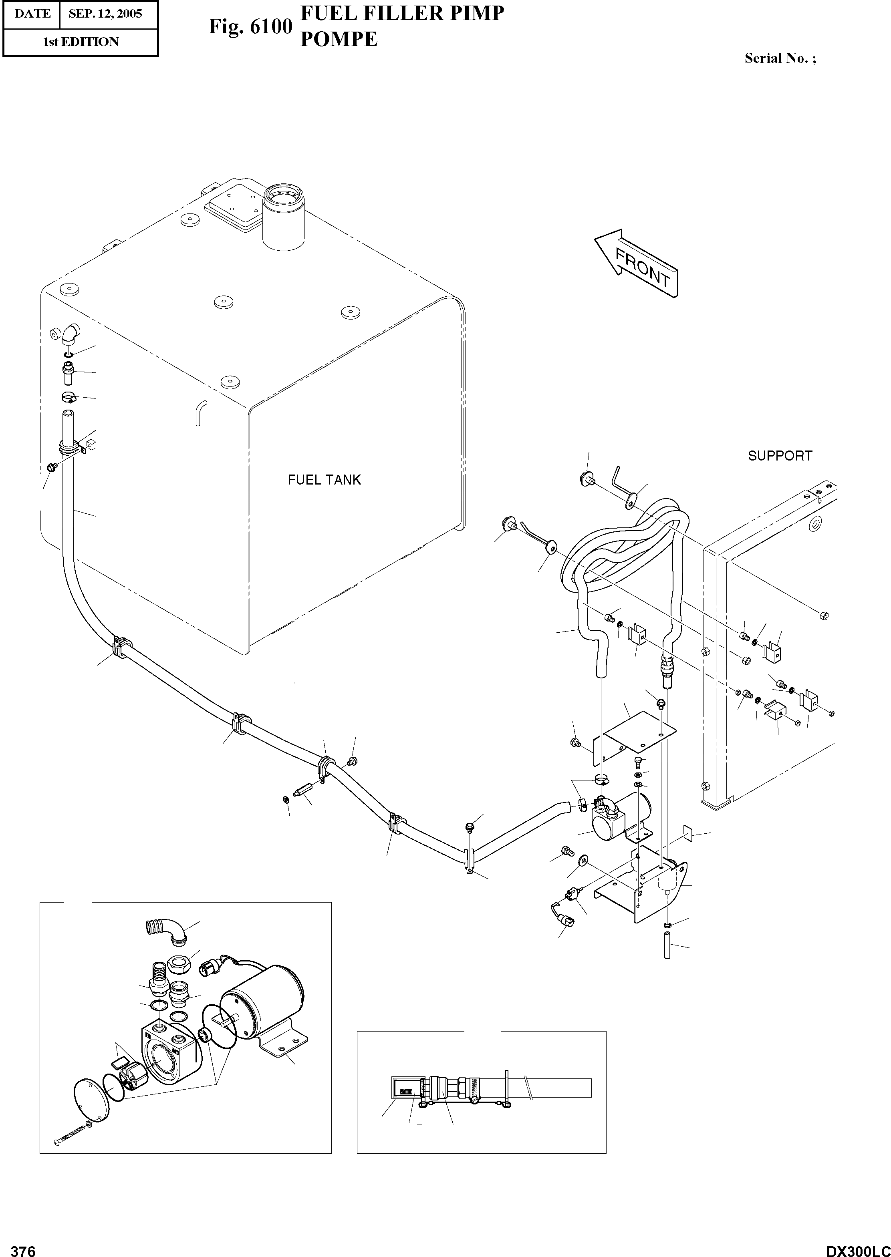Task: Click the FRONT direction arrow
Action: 637,263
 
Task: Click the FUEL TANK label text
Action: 324,480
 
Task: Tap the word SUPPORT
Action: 780,456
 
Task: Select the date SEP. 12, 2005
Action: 105,14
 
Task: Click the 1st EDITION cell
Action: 81,42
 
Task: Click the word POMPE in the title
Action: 339,40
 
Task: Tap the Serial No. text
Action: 780,59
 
